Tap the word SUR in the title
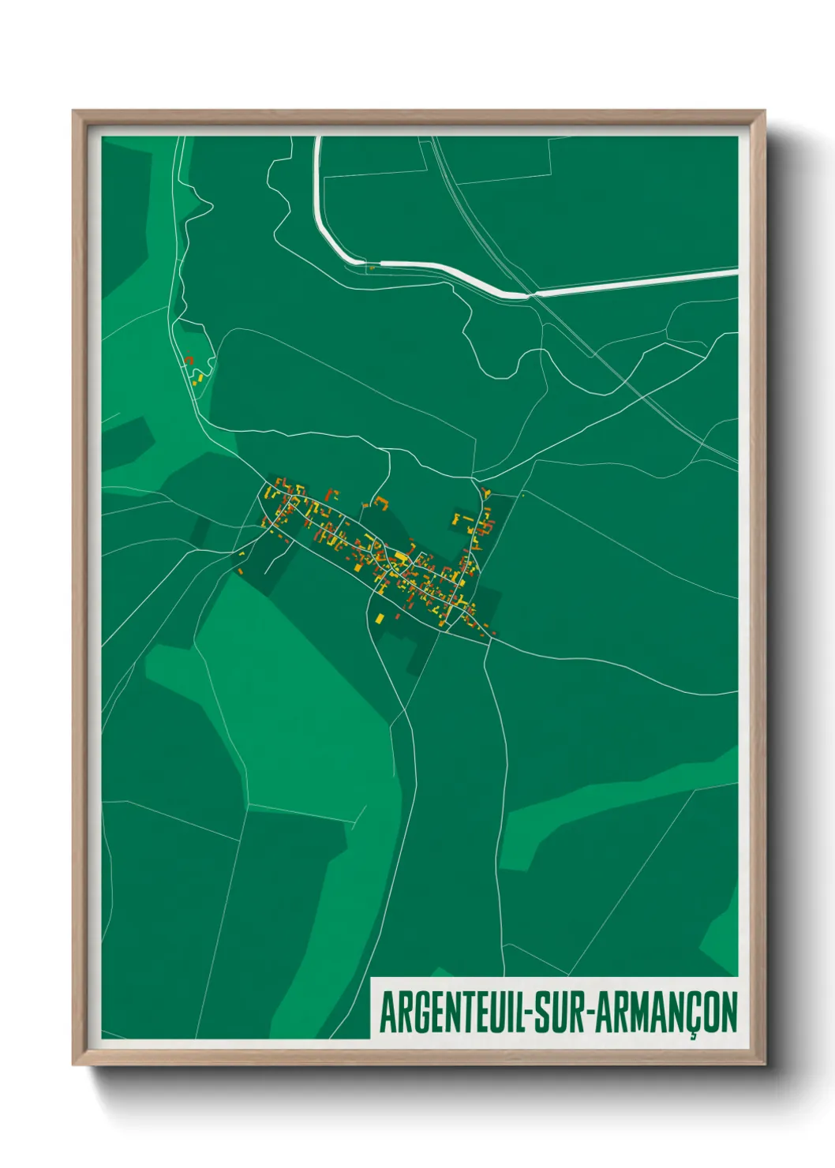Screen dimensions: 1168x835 pyautogui.click(x=556, y=1013)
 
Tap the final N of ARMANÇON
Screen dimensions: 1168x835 pyautogui.click(x=728, y=1013)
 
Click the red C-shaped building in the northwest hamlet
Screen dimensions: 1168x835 pyautogui.click(x=189, y=360)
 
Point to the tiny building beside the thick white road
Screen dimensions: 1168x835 pyautogui.click(x=371, y=268)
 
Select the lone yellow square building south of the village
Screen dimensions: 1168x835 pyautogui.click(x=380, y=617)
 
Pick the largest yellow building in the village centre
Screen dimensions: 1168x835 pyautogui.click(x=401, y=559)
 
